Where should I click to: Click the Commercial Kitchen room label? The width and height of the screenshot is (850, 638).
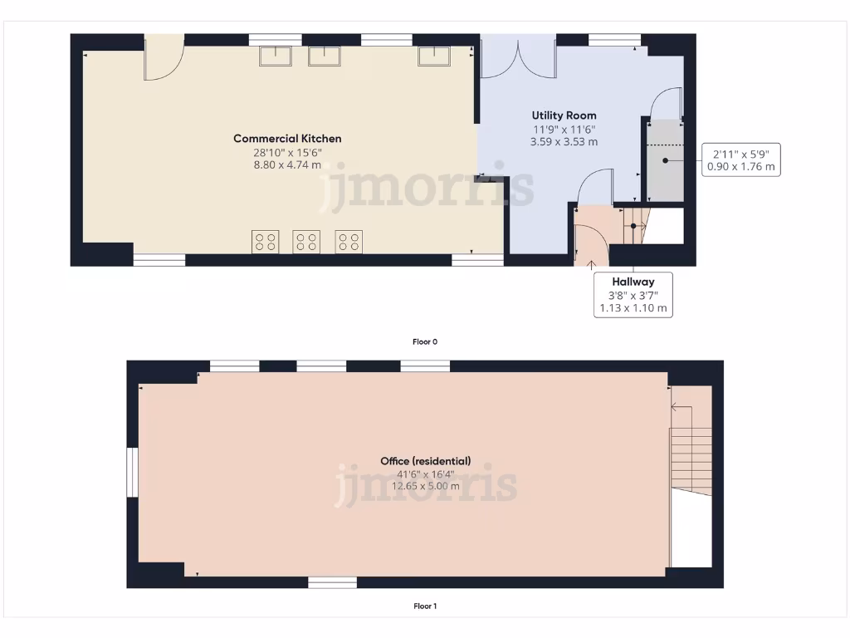pos(287,139)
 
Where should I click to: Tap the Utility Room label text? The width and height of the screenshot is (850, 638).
pos(564,115)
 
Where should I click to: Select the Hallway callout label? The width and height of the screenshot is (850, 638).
pos(633,282)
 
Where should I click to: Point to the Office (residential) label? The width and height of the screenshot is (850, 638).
pos(425,461)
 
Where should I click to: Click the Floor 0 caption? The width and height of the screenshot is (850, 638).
pos(424,341)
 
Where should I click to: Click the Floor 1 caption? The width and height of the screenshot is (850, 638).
pos(424,606)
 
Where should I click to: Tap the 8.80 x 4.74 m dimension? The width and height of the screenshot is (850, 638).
pos(287,165)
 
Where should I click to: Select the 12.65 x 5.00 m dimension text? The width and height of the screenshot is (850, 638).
pos(425,487)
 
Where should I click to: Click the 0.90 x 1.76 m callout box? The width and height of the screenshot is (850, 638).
pos(740,159)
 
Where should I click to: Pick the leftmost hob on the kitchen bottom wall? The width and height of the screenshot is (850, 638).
pos(266,242)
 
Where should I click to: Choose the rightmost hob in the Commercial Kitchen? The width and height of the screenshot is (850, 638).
pos(349,242)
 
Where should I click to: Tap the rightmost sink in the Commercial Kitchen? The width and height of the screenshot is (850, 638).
pos(432,56)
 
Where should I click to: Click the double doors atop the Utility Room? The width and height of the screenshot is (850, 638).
pos(519,56)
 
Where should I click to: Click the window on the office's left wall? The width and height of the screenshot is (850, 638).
pos(131,473)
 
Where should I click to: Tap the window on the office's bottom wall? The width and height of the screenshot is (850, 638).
pos(332,583)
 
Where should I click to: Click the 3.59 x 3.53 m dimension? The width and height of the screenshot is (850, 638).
pos(564,142)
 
